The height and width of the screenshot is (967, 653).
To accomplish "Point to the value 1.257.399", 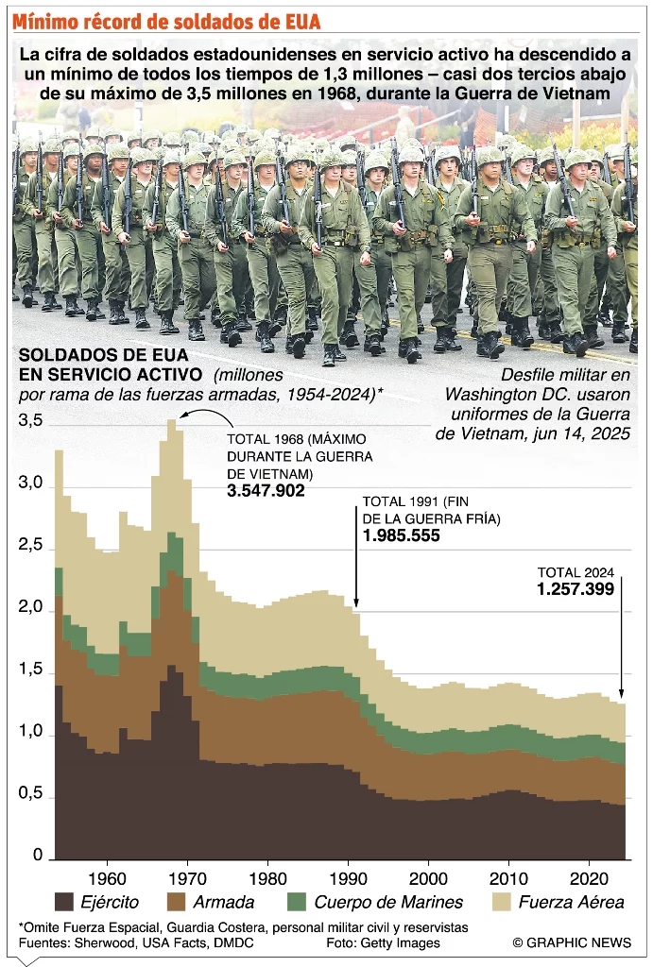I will [x=576, y=588].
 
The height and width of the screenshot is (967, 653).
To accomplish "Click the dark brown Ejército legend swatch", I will [x=65, y=901].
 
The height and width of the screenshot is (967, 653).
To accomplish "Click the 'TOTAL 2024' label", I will [x=576, y=572].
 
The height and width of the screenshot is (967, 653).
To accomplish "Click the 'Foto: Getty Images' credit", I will [x=383, y=942].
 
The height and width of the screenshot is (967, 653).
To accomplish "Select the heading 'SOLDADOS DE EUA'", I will [x=96, y=357].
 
